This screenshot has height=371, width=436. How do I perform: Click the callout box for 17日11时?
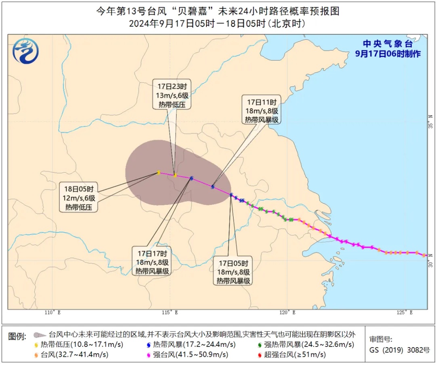tap(261, 110)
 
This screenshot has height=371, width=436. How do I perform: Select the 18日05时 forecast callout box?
tap(79, 198)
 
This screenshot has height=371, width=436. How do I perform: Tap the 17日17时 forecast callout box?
tap(152, 262)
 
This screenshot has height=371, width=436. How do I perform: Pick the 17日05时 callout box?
tap(233, 271)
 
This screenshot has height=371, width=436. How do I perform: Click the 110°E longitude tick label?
tap(53, 313)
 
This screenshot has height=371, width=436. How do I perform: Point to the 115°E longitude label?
tap(171, 313)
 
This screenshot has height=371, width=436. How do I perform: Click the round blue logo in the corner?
tap(26, 51)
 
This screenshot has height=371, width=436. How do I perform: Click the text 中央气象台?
tap(388, 44)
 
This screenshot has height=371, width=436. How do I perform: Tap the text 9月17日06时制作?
tap(388, 54)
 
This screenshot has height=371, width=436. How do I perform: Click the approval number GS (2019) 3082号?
tap(400, 350)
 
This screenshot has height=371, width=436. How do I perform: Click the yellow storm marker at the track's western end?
tap(158, 172)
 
